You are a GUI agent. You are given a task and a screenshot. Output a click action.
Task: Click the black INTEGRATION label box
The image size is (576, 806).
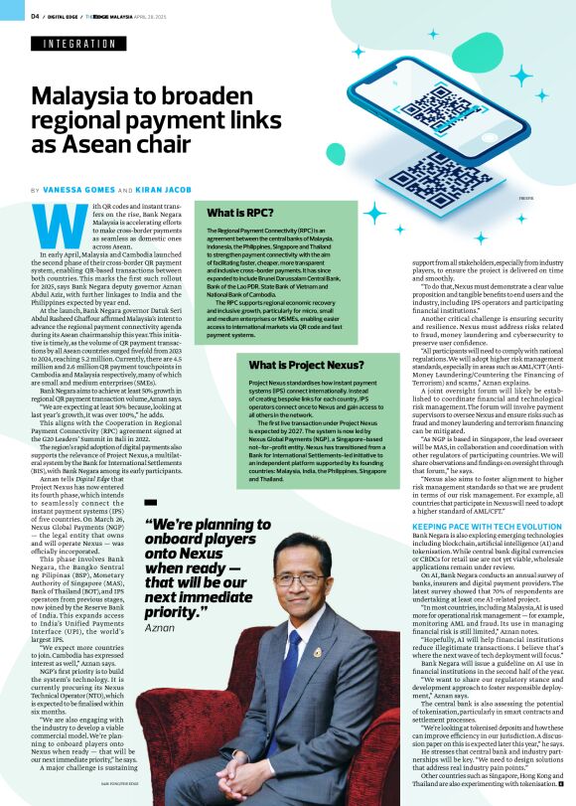tap(79, 44)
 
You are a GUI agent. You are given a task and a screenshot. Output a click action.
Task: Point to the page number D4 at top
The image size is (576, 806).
tap(35, 16)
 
